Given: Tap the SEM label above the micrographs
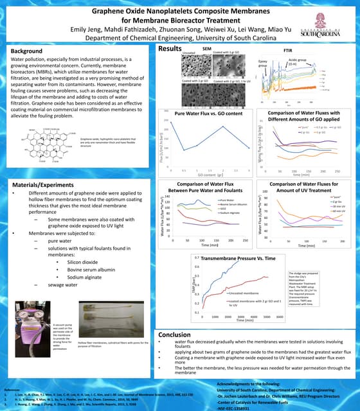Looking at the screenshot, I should click(207, 49).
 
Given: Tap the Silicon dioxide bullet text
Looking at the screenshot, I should click(84, 262).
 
